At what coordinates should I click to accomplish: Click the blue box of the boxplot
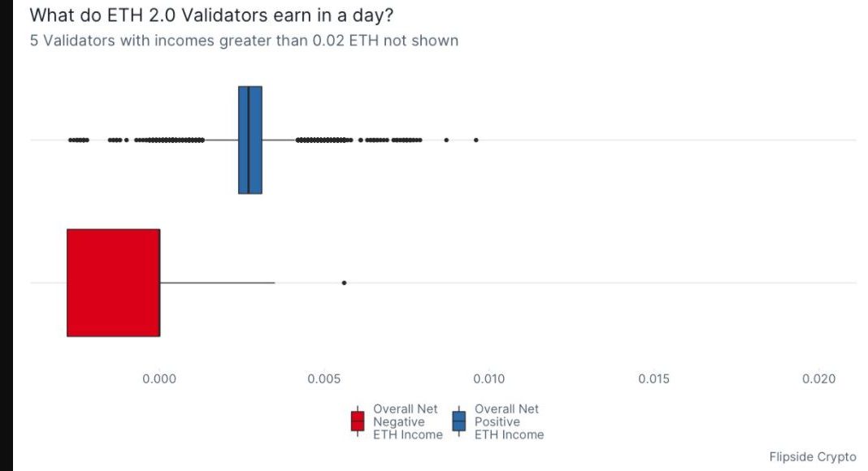(250, 140)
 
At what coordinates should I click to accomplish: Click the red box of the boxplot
(114, 283)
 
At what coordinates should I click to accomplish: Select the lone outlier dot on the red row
(345, 283)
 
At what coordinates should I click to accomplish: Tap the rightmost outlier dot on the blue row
(476, 140)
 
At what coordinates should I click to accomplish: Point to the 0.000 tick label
(159, 378)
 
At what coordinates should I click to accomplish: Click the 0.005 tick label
(324, 378)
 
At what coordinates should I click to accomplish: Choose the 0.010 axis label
(488, 378)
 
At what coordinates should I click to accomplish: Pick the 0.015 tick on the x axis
(653, 378)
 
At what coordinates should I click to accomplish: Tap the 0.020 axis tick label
(818, 378)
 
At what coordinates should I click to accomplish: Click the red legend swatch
(358, 421)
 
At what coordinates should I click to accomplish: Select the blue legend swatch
(459, 421)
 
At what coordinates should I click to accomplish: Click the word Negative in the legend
(398, 421)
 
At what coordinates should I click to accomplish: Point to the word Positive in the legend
(497, 421)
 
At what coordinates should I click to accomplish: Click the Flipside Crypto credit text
(813, 456)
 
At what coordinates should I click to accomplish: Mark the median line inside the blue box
(249, 140)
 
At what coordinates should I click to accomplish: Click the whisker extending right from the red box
(218, 283)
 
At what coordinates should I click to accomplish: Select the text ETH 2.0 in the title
(141, 15)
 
